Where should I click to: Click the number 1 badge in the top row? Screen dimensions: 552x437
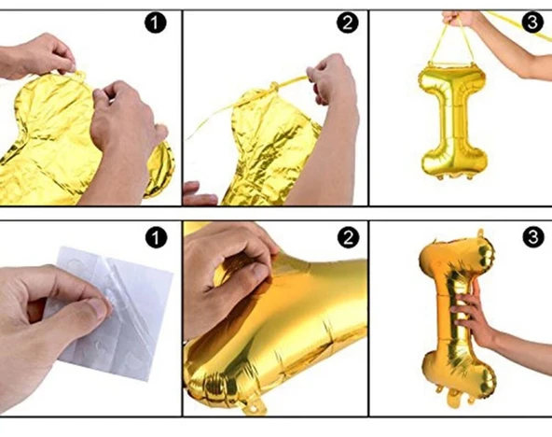pos(155,23)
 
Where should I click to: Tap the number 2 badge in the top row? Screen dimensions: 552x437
pos(348,23)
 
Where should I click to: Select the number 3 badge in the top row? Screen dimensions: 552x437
pos(533,22)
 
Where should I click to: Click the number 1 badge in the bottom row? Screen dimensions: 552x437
pos(156,237)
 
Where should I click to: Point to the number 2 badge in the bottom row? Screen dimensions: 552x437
pos(348,237)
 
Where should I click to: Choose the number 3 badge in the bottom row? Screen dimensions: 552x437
pos(533,237)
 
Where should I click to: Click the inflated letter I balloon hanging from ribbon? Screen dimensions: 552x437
pos(454,120)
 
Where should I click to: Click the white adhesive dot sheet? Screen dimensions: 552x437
pos(117,314)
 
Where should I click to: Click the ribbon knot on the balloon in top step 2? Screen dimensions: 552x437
pos(274,86)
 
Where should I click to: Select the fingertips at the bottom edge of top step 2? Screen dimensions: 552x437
pos(199,194)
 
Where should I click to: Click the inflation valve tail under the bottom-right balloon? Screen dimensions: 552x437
pos(454,400)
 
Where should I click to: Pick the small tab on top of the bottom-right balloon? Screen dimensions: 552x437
pos(480,233)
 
